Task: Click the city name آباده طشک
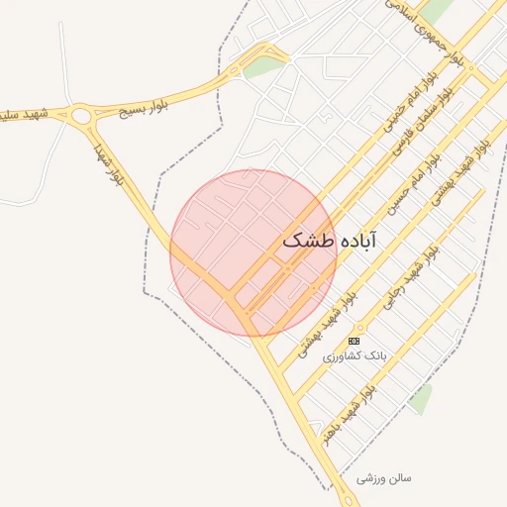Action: coord(330,241)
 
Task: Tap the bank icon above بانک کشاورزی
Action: coord(355,341)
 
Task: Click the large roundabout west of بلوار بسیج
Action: coord(82,116)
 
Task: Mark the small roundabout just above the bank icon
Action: coord(360,327)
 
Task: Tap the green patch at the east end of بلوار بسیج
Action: coord(263,67)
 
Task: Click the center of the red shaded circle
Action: coord(253,253)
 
